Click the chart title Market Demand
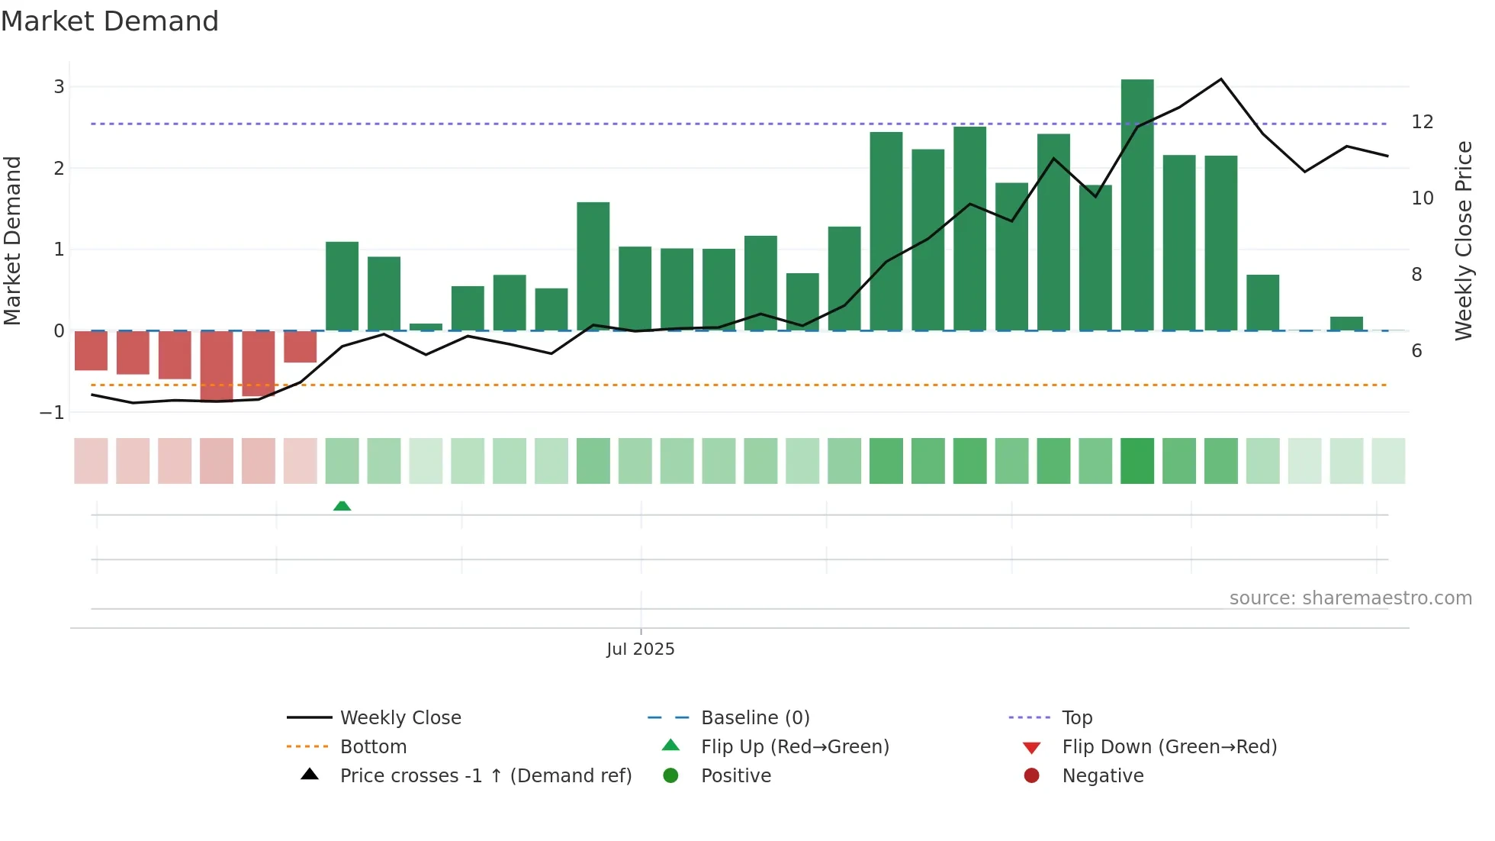[110, 21]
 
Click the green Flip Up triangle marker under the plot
[342, 506]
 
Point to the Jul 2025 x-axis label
[640, 649]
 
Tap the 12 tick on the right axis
[1422, 122]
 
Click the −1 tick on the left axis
[52, 413]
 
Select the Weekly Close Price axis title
[1463, 240]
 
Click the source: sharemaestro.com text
[1350, 598]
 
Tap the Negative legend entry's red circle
[1031, 776]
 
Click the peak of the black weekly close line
[1220, 79]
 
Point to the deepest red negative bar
[217, 366]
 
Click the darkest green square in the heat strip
[1137, 461]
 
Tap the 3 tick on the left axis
[59, 87]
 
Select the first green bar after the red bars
[342, 286]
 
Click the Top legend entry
[1076, 718]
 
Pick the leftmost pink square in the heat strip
[91, 461]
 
